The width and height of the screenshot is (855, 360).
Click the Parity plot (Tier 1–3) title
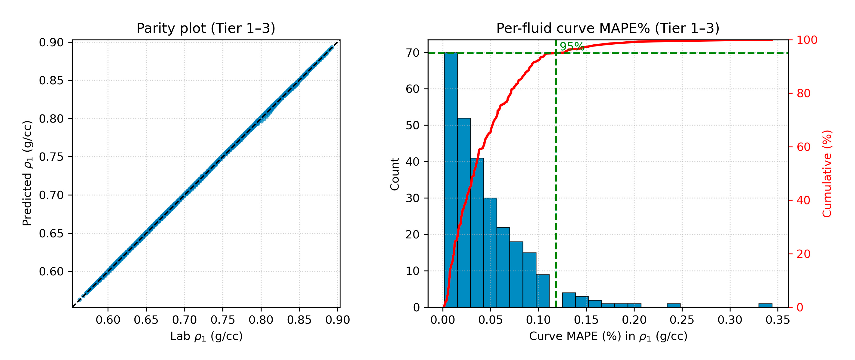(206, 28)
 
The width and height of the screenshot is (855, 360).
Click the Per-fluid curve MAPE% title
(607, 28)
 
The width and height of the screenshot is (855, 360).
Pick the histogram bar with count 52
(464, 212)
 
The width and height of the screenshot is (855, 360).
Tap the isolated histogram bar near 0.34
(765, 305)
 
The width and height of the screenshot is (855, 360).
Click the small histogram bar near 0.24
(673, 305)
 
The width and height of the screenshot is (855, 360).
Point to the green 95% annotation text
(572, 46)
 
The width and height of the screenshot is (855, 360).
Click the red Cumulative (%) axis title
(827, 174)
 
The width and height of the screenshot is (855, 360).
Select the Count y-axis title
(395, 174)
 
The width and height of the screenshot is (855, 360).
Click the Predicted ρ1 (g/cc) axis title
(27, 173)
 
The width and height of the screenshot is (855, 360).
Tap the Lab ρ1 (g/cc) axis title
(206, 336)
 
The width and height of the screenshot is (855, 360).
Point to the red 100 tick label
(807, 40)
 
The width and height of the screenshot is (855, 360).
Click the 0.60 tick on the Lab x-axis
(108, 320)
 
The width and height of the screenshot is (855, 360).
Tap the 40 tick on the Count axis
(412, 162)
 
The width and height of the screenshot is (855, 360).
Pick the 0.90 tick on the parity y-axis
(51, 43)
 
